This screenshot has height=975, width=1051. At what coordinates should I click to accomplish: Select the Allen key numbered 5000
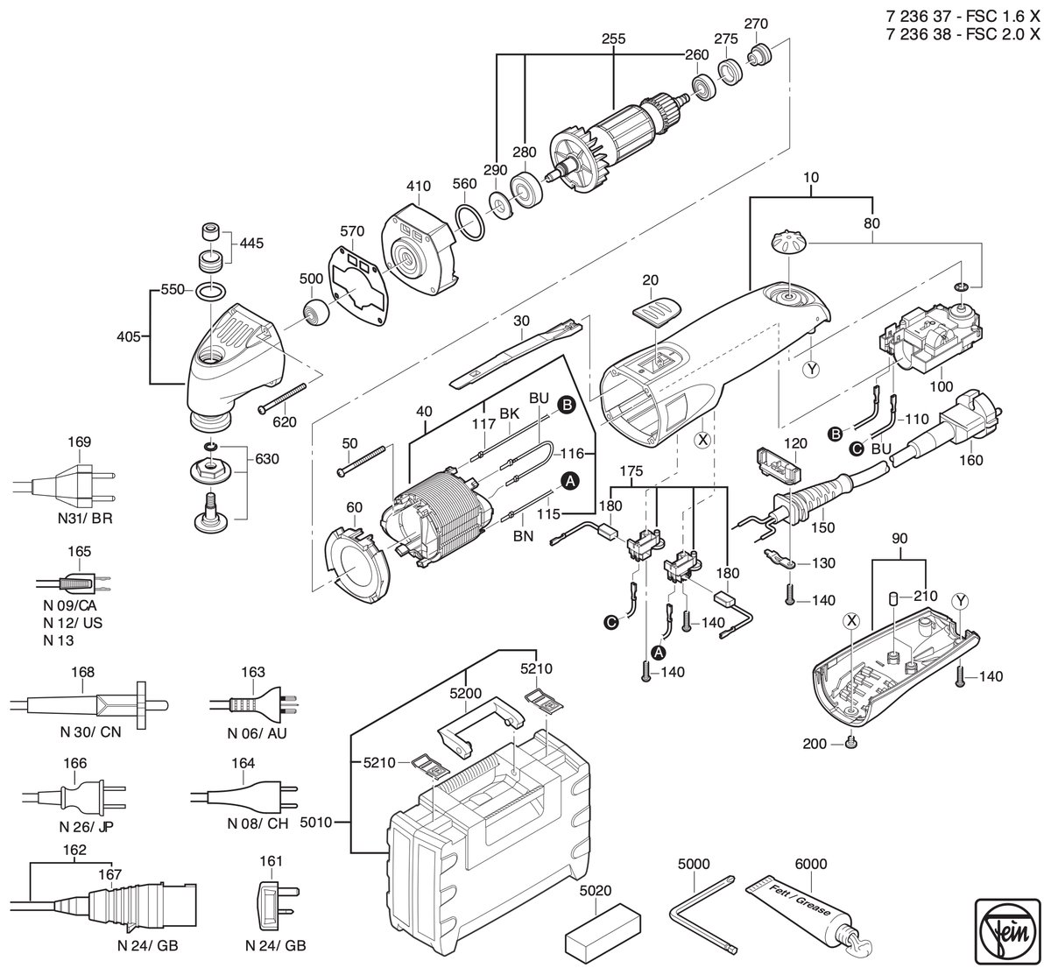(702, 922)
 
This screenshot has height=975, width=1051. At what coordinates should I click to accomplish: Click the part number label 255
(613, 39)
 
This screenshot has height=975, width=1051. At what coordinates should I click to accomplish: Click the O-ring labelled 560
(469, 223)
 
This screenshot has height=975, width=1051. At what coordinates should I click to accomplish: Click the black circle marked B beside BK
(567, 406)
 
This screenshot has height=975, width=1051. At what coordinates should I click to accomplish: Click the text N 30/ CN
(90, 732)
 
